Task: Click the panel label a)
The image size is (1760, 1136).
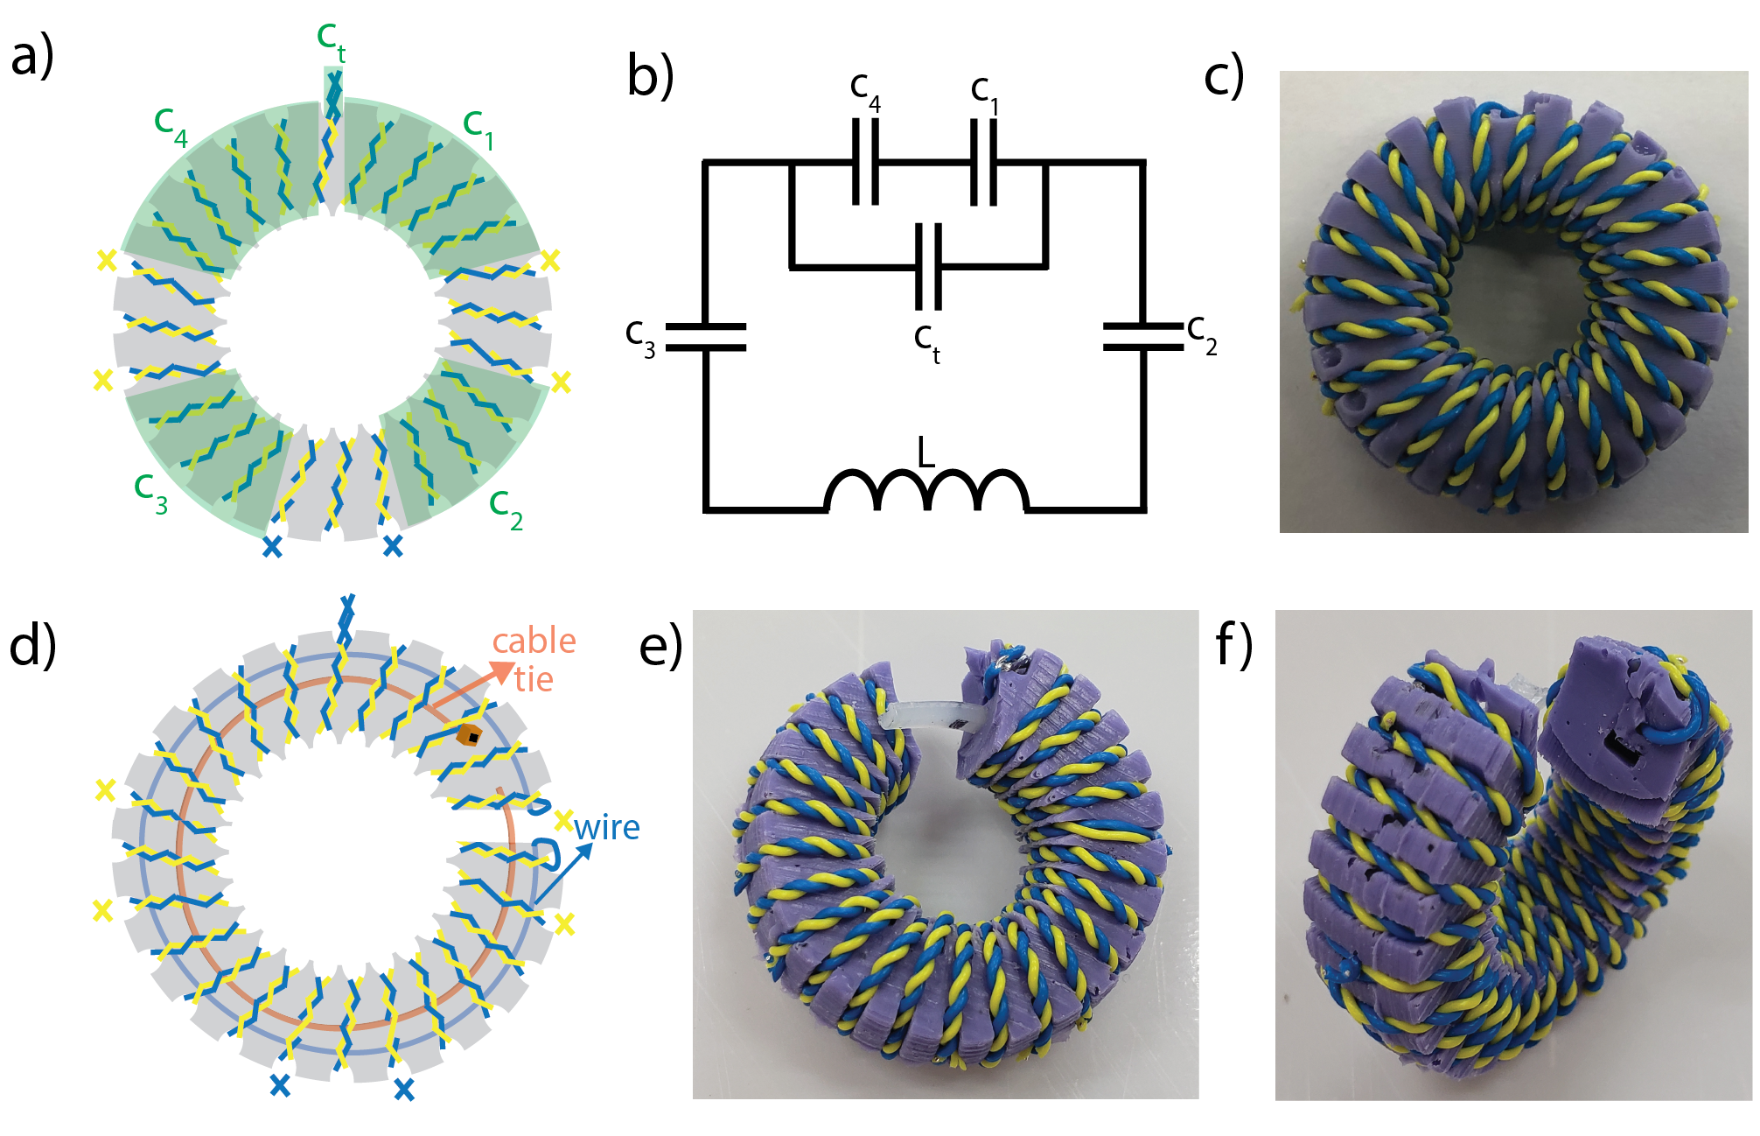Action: click(32, 58)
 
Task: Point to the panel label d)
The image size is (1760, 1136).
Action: click(32, 647)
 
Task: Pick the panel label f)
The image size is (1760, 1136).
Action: click(1234, 647)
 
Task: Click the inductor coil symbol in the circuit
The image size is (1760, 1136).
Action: click(925, 491)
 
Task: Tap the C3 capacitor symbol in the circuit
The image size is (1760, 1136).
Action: click(706, 337)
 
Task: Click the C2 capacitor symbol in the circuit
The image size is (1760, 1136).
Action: click(1143, 337)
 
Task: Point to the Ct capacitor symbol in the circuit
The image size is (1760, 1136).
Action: click(928, 266)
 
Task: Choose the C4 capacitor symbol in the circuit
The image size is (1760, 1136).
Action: click(865, 162)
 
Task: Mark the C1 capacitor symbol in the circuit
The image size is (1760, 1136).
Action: click(984, 162)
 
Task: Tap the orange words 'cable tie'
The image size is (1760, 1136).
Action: click(534, 660)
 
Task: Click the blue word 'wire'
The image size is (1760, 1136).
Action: click(607, 827)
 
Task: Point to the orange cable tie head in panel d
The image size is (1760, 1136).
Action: click(470, 734)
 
